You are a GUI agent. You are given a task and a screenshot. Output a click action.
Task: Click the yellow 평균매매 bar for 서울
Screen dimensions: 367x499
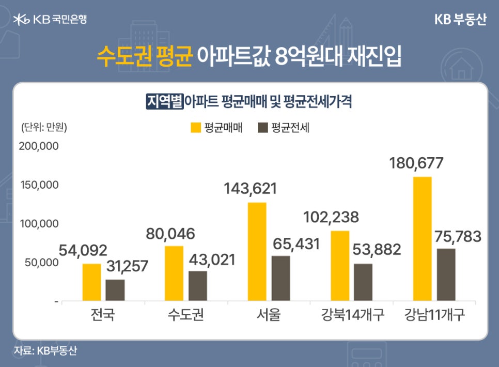click(x=257, y=251)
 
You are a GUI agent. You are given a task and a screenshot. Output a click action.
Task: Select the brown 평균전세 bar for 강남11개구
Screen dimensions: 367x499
click(x=446, y=274)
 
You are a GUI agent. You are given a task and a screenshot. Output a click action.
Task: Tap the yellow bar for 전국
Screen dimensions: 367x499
click(x=91, y=282)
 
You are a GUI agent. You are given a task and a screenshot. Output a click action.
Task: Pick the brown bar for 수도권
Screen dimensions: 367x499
click(x=198, y=285)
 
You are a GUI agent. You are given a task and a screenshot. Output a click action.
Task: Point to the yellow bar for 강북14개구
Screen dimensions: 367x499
click(x=339, y=265)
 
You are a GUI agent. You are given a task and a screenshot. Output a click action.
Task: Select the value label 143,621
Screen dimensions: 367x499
click(x=251, y=189)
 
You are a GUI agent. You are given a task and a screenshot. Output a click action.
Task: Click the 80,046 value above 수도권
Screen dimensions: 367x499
click(x=170, y=234)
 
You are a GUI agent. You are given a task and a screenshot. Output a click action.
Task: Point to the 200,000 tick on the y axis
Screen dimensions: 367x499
click(x=38, y=146)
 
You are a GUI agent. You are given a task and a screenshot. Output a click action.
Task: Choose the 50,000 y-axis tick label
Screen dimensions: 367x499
click(x=41, y=263)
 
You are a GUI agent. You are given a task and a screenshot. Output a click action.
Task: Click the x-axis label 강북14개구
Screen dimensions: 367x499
click(x=353, y=314)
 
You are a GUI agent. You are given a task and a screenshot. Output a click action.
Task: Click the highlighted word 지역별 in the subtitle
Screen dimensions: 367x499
click(x=165, y=101)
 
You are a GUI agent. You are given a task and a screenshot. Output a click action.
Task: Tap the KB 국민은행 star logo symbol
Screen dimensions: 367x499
click(x=22, y=20)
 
